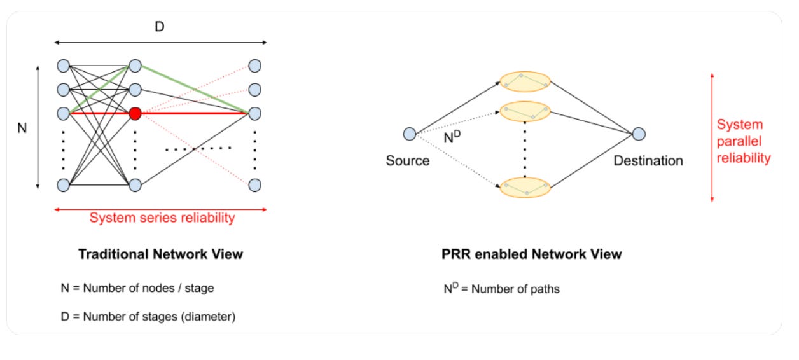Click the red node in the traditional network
[134, 114]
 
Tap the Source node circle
[410, 134]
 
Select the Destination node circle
[639, 134]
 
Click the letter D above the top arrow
[160, 27]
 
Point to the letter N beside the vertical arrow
[22, 128]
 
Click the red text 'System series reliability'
[162, 218]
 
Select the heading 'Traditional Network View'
[160, 254]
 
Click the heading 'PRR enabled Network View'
[531, 254]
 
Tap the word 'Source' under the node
[407, 160]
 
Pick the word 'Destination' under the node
[648, 160]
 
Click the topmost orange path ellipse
[524, 81]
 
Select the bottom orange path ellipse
[524, 188]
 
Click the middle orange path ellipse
[524, 111]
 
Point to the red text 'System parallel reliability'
[743, 141]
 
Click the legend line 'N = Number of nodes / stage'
[137, 288]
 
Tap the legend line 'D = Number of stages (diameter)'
[148, 316]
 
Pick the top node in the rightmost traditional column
[254, 66]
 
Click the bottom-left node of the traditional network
[62, 185]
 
